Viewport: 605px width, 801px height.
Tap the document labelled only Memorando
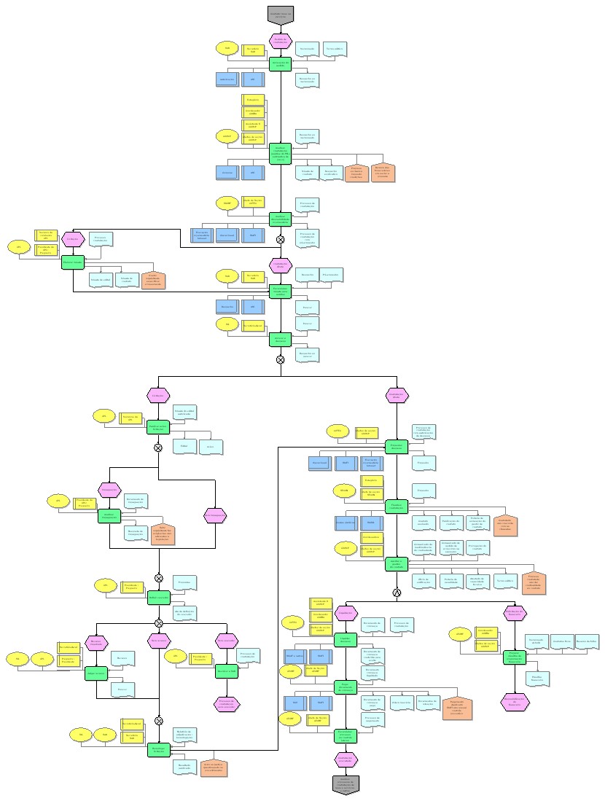[307, 49]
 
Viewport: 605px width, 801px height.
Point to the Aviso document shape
[211, 446]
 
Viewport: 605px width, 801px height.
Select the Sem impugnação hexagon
[216, 515]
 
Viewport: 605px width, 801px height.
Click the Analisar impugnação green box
[109, 515]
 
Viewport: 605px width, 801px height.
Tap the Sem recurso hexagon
[158, 641]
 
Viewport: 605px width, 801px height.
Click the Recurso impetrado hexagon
[96, 642]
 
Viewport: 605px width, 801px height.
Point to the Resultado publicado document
[185, 766]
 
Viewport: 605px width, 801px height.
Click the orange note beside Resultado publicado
[214, 766]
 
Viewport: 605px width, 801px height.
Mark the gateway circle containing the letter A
[397, 591]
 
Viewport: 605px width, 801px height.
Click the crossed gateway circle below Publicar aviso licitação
[157, 447]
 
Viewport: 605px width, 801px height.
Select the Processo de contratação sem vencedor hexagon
[226, 703]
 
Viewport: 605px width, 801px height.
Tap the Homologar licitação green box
[157, 749]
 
